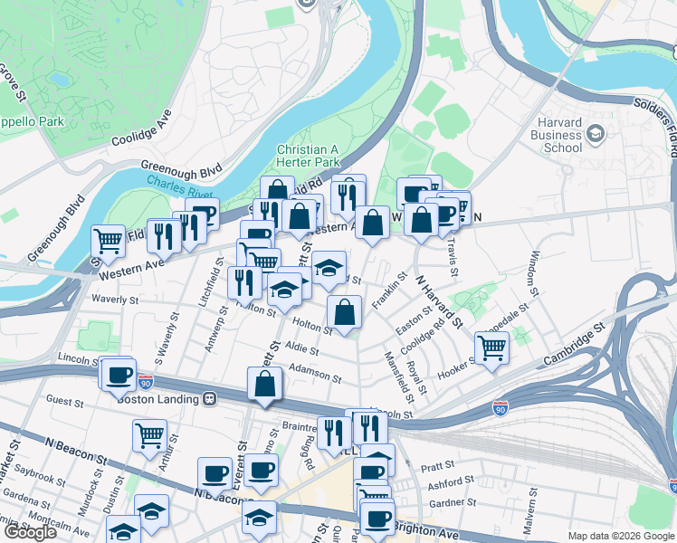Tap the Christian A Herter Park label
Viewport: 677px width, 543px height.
(308, 156)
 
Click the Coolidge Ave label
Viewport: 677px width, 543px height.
(141, 129)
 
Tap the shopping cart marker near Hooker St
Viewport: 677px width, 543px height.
(491, 346)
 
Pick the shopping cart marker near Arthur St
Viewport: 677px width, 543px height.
(149, 434)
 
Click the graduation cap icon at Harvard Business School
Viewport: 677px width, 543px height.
(596, 135)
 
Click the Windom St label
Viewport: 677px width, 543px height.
(535, 272)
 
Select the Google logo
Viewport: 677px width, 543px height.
(31, 532)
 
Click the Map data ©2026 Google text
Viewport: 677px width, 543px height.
(620, 536)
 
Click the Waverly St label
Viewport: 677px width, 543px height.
(113, 300)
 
